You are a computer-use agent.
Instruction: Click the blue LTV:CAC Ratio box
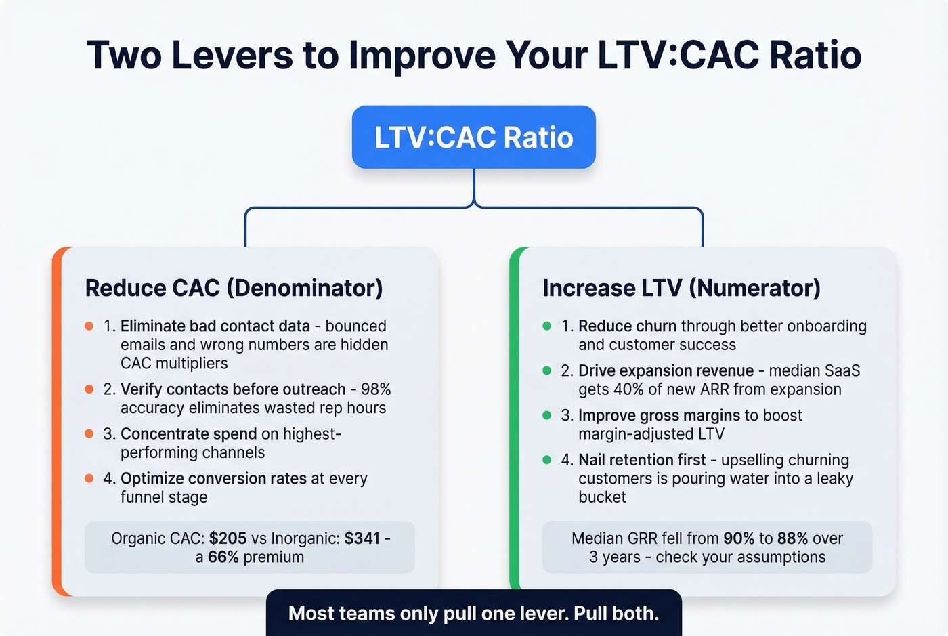(x=473, y=137)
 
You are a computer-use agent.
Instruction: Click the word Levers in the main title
(x=232, y=56)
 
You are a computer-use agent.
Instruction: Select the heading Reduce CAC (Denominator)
(x=234, y=288)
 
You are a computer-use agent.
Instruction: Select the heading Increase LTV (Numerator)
(x=681, y=288)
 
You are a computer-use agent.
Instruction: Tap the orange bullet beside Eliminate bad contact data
(x=89, y=326)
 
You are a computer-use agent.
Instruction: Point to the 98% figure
(x=376, y=389)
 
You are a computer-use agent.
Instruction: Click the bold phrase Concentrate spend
(x=188, y=433)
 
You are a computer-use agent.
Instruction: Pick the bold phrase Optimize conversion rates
(x=213, y=478)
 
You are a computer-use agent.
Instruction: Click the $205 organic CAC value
(x=228, y=538)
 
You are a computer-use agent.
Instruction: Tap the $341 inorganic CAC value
(x=362, y=538)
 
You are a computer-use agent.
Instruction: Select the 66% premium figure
(x=223, y=557)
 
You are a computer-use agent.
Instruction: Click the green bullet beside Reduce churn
(x=546, y=326)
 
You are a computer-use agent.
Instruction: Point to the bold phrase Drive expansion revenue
(x=666, y=371)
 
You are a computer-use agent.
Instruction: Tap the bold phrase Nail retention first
(x=642, y=460)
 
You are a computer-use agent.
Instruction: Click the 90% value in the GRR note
(x=739, y=538)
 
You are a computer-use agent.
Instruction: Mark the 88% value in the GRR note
(x=792, y=538)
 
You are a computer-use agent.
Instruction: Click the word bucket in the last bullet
(x=602, y=497)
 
